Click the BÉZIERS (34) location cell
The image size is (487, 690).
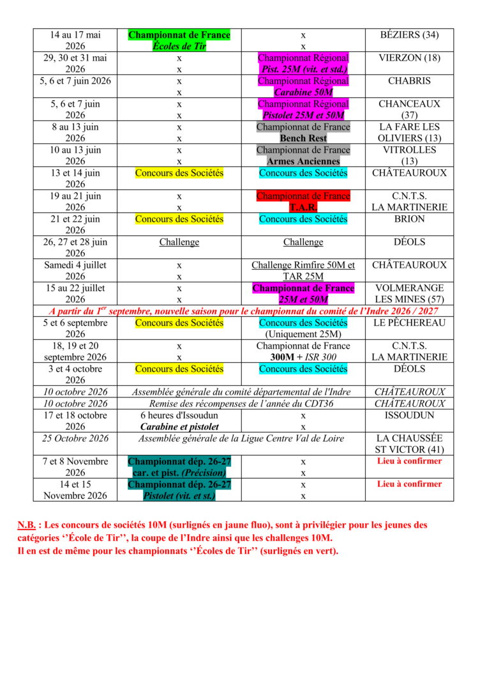(408, 35)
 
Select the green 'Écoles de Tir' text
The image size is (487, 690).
(179, 47)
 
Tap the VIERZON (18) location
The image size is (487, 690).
(408, 58)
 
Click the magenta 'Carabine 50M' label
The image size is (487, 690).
(303, 93)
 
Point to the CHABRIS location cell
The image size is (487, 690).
(408, 81)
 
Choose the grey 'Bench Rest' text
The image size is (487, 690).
(303, 139)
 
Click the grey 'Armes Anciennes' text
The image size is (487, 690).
(303, 162)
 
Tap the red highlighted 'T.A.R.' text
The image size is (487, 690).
(303, 208)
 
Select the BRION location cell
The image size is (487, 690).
(408, 219)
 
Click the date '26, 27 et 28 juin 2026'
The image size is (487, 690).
(75, 248)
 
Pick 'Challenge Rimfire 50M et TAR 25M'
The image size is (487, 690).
(303, 271)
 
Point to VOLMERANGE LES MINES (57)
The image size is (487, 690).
(408, 294)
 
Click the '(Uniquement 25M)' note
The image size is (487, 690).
(303, 334)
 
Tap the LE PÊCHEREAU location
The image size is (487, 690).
(408, 323)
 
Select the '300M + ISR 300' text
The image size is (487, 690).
(303, 357)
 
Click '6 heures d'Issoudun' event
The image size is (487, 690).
(179, 415)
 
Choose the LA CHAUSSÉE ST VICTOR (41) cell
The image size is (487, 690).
(408, 444)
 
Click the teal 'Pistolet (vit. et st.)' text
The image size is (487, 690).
(179, 495)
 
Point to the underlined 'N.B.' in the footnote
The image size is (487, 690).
(27, 525)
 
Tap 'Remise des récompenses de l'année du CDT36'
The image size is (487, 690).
(241, 404)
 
